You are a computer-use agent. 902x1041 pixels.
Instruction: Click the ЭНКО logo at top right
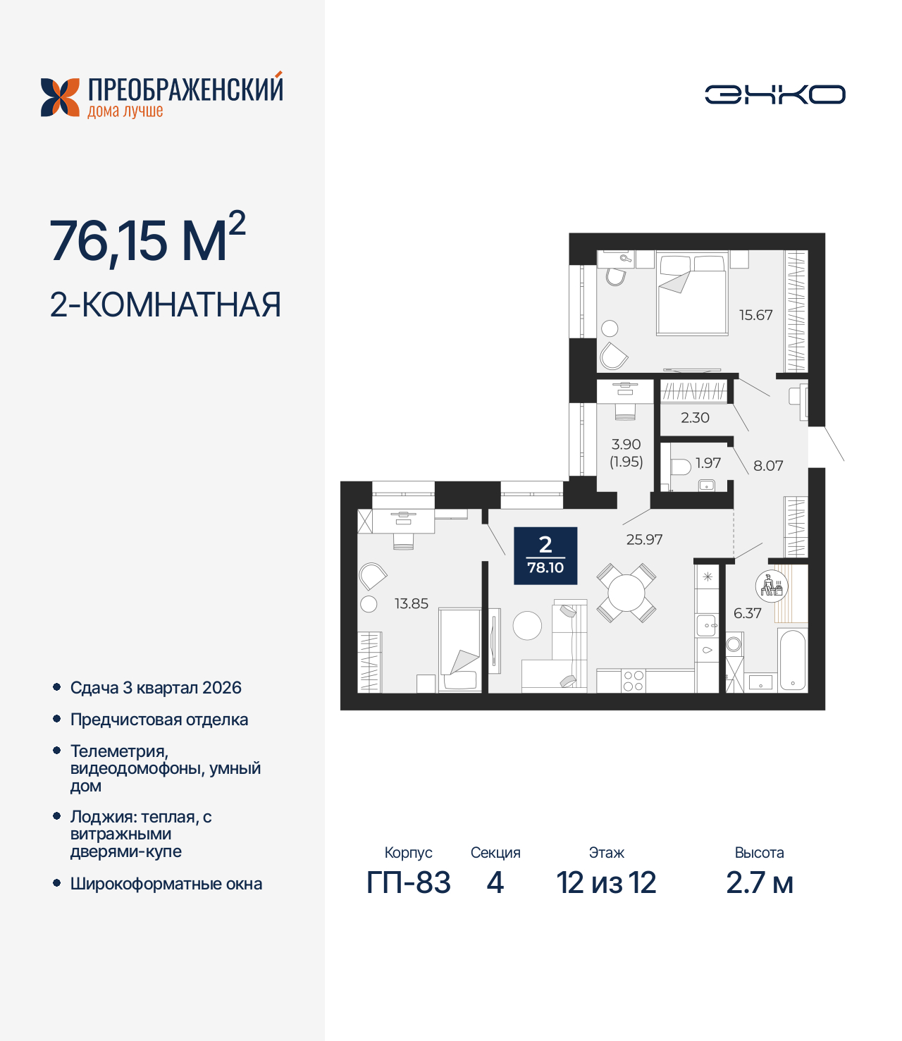tap(774, 94)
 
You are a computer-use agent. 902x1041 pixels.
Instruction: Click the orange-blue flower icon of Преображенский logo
tap(60, 97)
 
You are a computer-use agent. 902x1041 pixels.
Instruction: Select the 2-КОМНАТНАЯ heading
tap(166, 304)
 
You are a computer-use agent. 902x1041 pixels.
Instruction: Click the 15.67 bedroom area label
tap(755, 315)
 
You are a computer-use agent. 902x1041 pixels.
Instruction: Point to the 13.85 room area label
tap(411, 603)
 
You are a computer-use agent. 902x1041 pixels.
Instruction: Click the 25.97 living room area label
tap(644, 539)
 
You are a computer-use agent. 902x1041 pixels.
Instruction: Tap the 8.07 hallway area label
tap(768, 465)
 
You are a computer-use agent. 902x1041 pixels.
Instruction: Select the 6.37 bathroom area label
tap(747, 613)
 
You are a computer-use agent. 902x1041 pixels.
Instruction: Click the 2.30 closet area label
tap(695, 417)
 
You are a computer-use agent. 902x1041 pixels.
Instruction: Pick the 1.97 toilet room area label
tap(708, 463)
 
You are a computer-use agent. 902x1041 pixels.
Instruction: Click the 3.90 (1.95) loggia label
tap(626, 452)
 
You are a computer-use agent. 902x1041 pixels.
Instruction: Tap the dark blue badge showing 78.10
tap(545, 555)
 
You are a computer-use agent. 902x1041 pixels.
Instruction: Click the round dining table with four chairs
tap(626, 593)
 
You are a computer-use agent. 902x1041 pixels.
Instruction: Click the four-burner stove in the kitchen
tap(633, 681)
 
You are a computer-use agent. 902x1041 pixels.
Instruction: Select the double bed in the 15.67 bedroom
tap(691, 295)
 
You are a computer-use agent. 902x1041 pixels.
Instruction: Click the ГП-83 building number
tap(408, 882)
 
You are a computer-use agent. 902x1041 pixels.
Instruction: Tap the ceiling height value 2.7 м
tap(759, 882)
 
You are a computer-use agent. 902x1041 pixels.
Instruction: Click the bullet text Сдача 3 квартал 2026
tap(156, 688)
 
